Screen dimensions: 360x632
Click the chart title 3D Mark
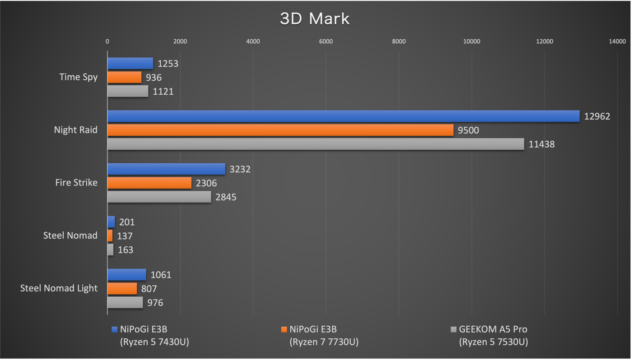pyautogui.click(x=315, y=19)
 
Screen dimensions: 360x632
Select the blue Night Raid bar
pyautogui.click(x=343, y=116)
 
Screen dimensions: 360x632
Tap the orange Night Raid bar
pyautogui.click(x=280, y=130)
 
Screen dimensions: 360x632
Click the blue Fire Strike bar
pyautogui.click(x=166, y=169)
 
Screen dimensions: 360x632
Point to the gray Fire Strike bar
pyautogui.click(x=159, y=197)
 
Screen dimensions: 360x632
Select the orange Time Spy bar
pyautogui.click(x=124, y=78)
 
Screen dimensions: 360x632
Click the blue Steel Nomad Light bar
pyautogui.click(x=126, y=275)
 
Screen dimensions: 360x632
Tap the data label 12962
pyautogui.click(x=597, y=116)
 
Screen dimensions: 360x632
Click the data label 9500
pyautogui.click(x=468, y=130)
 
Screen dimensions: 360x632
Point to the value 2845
pyautogui.click(x=226, y=197)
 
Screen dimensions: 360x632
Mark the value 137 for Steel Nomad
pyautogui.click(x=125, y=236)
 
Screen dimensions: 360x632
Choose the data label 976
pyautogui.click(x=155, y=303)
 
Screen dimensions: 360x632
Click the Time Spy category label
pyautogui.click(x=79, y=77)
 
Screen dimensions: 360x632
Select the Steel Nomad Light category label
pyautogui.click(x=59, y=288)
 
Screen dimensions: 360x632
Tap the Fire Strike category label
pyautogui.click(x=76, y=183)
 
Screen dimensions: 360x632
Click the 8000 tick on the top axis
pyautogui.click(x=399, y=42)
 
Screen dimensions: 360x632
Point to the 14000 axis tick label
pyautogui.click(x=617, y=42)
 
